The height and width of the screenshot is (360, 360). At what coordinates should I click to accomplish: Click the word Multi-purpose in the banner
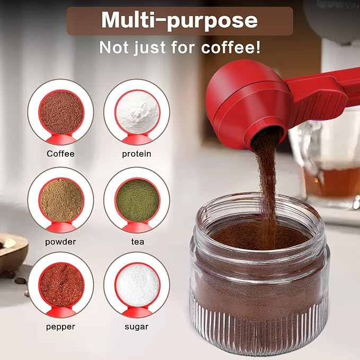(179, 21)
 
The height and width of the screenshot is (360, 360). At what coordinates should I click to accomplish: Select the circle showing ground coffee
(61, 112)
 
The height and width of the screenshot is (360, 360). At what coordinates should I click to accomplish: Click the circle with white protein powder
(137, 112)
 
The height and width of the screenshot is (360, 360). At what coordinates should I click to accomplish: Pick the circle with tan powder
(61, 199)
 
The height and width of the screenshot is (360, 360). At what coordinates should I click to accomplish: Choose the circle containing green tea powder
(137, 199)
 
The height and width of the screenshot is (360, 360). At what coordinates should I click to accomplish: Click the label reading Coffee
(60, 154)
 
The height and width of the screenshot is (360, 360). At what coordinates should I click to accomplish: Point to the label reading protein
(137, 154)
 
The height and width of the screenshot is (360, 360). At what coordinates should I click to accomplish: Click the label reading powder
(60, 241)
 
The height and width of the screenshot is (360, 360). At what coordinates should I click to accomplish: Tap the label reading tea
(137, 241)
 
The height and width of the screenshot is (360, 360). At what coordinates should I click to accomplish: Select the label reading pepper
(60, 327)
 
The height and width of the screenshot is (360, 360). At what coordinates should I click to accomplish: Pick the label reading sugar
(137, 327)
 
